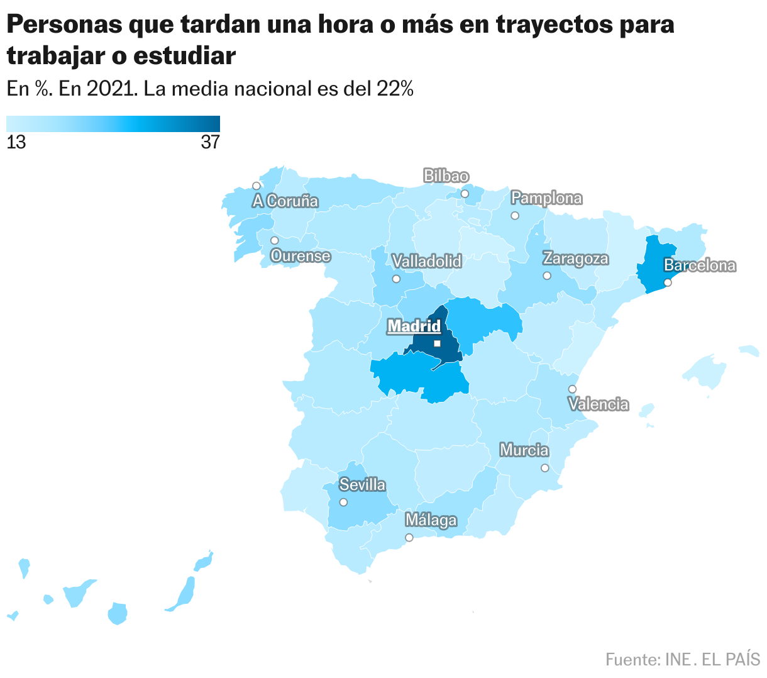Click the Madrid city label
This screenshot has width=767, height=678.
(x=414, y=326)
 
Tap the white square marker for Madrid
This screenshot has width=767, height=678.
(x=437, y=343)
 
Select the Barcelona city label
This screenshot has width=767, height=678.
(x=700, y=265)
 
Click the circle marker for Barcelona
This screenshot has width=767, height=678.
(x=668, y=282)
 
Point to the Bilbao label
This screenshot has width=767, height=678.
(x=446, y=176)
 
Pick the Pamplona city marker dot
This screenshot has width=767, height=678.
(x=515, y=216)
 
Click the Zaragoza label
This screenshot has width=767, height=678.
(x=576, y=258)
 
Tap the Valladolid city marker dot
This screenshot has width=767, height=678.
(x=396, y=279)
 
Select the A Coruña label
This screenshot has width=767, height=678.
(x=286, y=201)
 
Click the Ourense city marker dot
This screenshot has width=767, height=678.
(x=274, y=240)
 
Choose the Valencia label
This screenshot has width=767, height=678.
(x=599, y=404)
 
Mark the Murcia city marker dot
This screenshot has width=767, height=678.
(x=544, y=468)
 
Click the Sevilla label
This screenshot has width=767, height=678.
(x=362, y=485)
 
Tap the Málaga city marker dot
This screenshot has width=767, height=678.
(x=409, y=537)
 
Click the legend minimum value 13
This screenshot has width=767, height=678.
(x=16, y=143)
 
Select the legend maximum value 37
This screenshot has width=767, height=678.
(x=211, y=143)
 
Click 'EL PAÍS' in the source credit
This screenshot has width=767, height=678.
(x=731, y=660)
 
